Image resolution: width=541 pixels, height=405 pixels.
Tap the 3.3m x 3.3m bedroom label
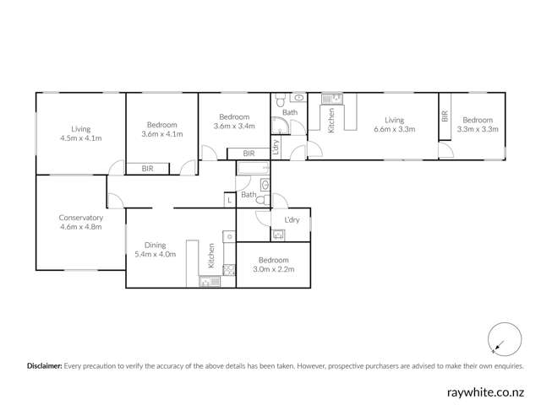[478, 129]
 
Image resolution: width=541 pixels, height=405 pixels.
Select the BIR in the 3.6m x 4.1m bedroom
[147, 170]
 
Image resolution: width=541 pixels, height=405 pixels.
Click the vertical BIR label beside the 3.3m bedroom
[445, 117]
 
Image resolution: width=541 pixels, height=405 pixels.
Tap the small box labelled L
[228, 200]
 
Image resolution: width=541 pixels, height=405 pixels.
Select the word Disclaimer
[45, 367]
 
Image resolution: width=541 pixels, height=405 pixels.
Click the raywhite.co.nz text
[488, 392]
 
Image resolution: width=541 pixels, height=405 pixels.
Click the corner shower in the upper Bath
[280, 127]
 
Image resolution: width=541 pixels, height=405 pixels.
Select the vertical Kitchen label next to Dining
[211, 256]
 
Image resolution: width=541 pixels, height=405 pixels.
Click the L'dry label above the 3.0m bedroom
[292, 220]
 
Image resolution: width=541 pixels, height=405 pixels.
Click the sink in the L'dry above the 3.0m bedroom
[278, 235]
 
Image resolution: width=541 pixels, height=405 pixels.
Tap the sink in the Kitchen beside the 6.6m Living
[334, 99]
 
